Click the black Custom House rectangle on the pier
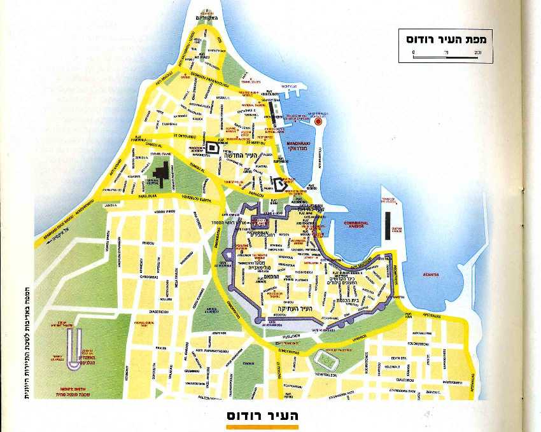388,223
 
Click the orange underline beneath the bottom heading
262,428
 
